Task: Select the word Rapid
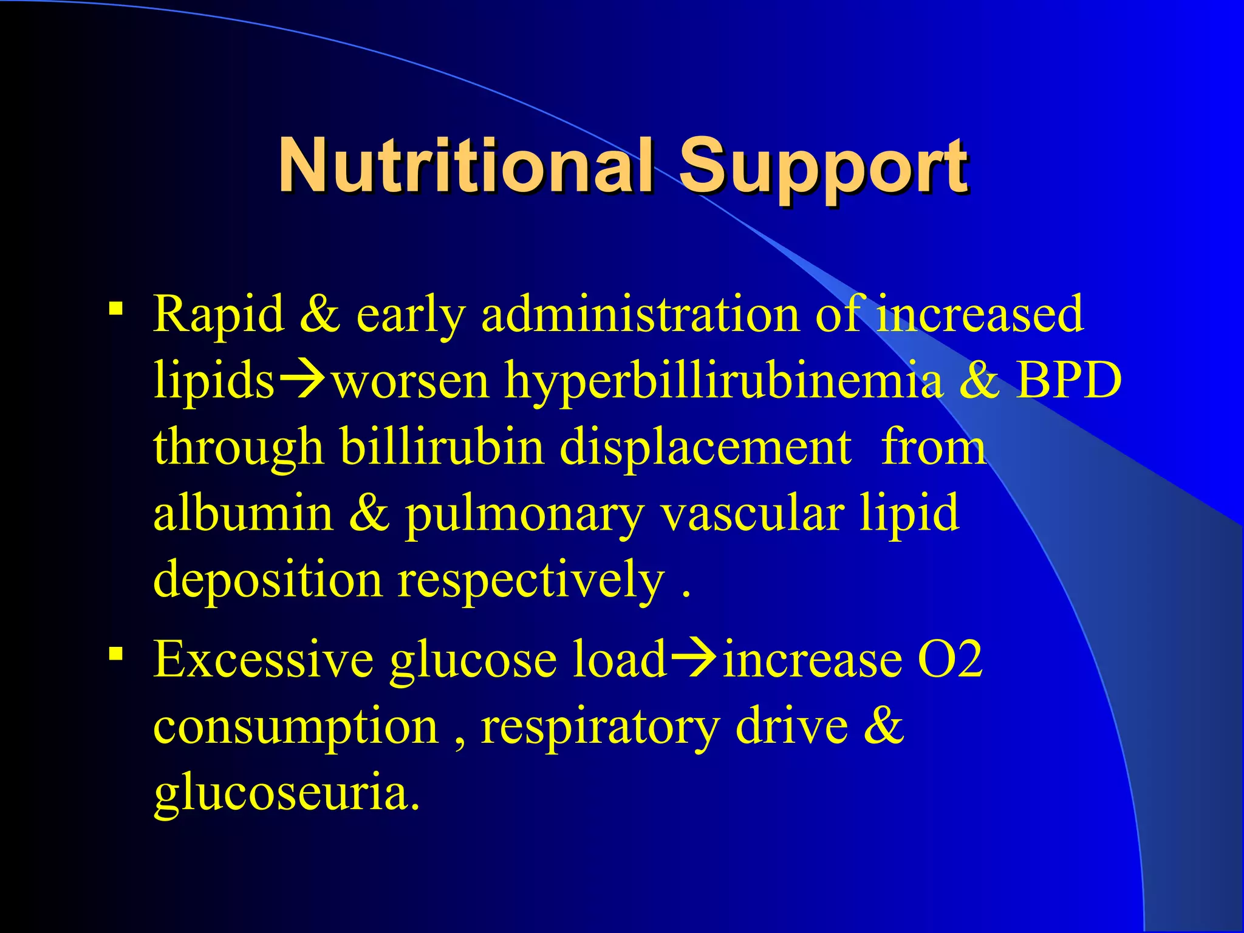point(218,315)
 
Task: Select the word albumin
point(243,513)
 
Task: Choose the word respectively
point(531,581)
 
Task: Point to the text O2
point(950,660)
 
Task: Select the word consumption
point(296,726)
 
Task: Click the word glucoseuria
point(285,793)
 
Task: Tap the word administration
point(640,315)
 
